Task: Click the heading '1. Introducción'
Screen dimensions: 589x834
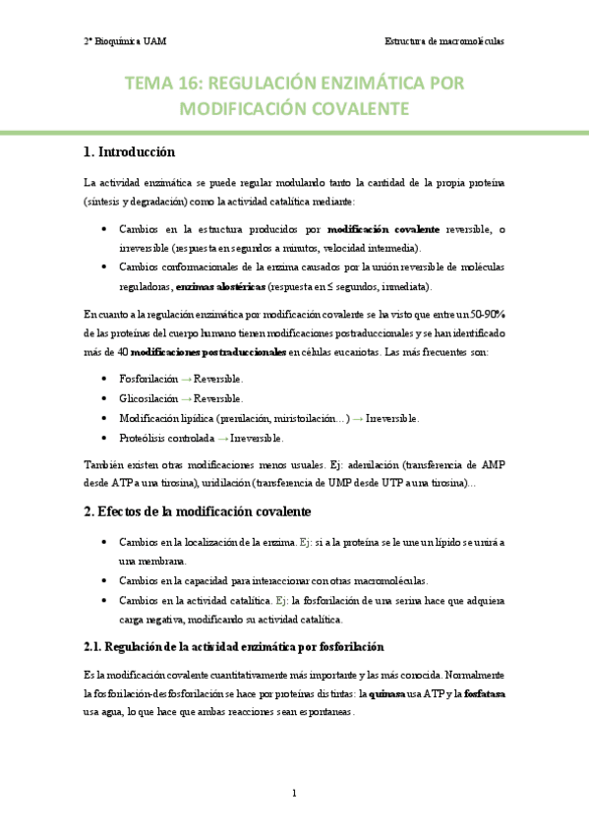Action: (130, 152)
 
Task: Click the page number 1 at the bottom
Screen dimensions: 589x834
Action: (294, 793)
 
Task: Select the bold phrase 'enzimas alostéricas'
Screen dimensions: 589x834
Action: (221, 286)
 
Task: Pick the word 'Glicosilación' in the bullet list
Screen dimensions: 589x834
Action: (148, 398)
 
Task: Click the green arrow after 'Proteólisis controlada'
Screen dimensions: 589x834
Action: (222, 438)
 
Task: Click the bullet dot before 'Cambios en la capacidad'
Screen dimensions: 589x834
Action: (105, 579)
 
